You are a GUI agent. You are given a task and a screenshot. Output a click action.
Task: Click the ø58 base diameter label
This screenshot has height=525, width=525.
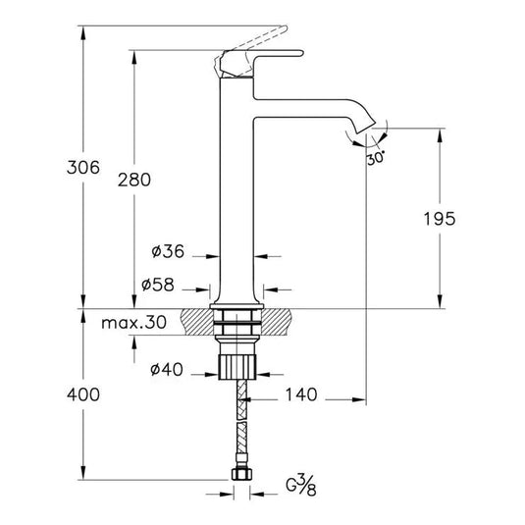[x=158, y=285]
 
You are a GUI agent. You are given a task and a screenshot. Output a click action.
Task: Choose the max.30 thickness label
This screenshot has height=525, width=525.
[x=133, y=322]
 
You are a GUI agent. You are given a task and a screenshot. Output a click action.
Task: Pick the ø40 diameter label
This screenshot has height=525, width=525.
[x=166, y=370]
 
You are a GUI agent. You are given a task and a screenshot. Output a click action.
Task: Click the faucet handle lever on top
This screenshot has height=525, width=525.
[x=260, y=55]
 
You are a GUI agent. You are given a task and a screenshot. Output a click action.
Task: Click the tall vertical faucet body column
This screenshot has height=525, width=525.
[x=236, y=196]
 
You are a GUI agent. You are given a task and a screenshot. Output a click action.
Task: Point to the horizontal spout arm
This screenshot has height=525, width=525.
[x=304, y=106]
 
